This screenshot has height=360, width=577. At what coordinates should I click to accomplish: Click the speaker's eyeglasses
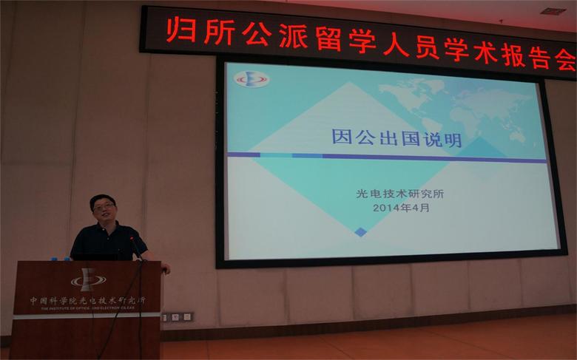[104, 208]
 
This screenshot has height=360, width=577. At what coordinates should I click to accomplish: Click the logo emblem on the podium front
[88, 280]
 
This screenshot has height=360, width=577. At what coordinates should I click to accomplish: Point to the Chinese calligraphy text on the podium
[87, 301]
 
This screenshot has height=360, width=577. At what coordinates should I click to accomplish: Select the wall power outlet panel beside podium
[178, 316]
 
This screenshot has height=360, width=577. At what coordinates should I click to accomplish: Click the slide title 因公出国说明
[397, 139]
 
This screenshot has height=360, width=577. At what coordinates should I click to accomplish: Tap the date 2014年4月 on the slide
[400, 208]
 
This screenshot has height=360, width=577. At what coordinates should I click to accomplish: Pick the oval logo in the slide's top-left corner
[252, 79]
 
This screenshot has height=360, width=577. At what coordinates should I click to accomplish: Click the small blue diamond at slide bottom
[360, 232]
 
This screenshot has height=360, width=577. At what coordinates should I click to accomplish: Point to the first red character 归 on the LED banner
[179, 32]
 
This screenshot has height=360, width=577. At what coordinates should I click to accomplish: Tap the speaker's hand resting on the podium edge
[166, 268]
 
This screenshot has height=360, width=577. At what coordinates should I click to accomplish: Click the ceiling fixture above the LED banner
[552, 11]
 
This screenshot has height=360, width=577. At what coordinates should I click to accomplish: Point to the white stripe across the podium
[87, 316]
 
